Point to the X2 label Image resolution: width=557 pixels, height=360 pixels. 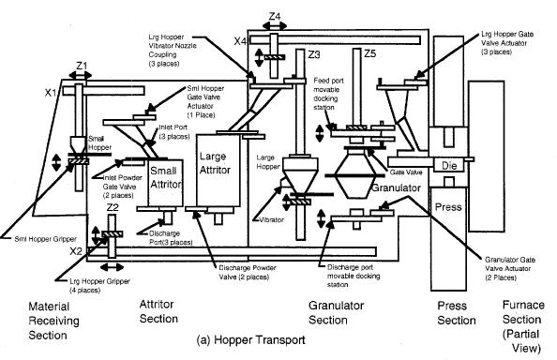pyautogui.click(x=76, y=251)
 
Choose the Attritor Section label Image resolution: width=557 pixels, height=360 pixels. pyautogui.click(x=158, y=312)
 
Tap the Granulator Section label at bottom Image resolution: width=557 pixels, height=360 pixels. pyautogui.click(x=337, y=312)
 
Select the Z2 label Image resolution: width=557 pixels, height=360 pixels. pyautogui.click(x=112, y=208)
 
